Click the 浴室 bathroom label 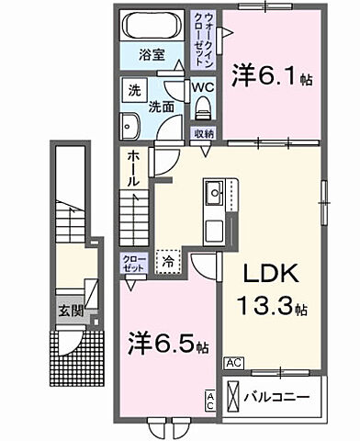tap(152, 54)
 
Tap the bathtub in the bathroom tap(152, 25)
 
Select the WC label tap(204, 88)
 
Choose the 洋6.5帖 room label tap(167, 347)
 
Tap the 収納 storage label tap(204, 134)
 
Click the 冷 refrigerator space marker tap(168, 263)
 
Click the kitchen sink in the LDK tap(216, 194)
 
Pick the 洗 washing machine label tap(132, 91)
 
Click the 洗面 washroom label tap(164, 107)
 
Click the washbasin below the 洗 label tap(130, 126)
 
